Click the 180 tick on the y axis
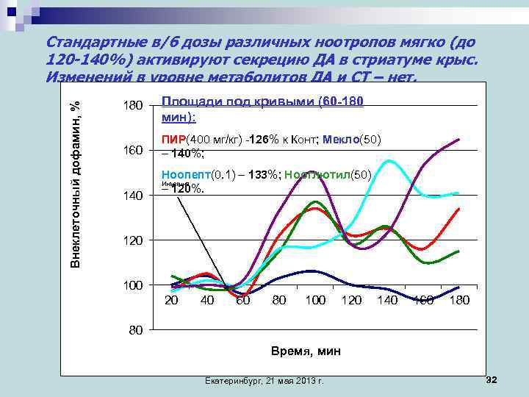tap(132, 107)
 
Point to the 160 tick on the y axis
tap(132, 151)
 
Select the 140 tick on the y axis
tap(132, 196)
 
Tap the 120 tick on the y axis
tap(132, 240)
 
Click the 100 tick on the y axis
tap(132, 285)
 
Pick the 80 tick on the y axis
tap(132, 330)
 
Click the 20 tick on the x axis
tap(171, 300)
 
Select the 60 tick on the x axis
tap(242, 300)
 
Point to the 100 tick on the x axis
tap(315, 300)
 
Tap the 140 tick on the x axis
tap(387, 300)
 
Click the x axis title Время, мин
tap(304, 351)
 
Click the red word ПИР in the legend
tap(173, 140)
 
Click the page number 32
tap(492, 379)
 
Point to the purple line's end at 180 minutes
tap(459, 139)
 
